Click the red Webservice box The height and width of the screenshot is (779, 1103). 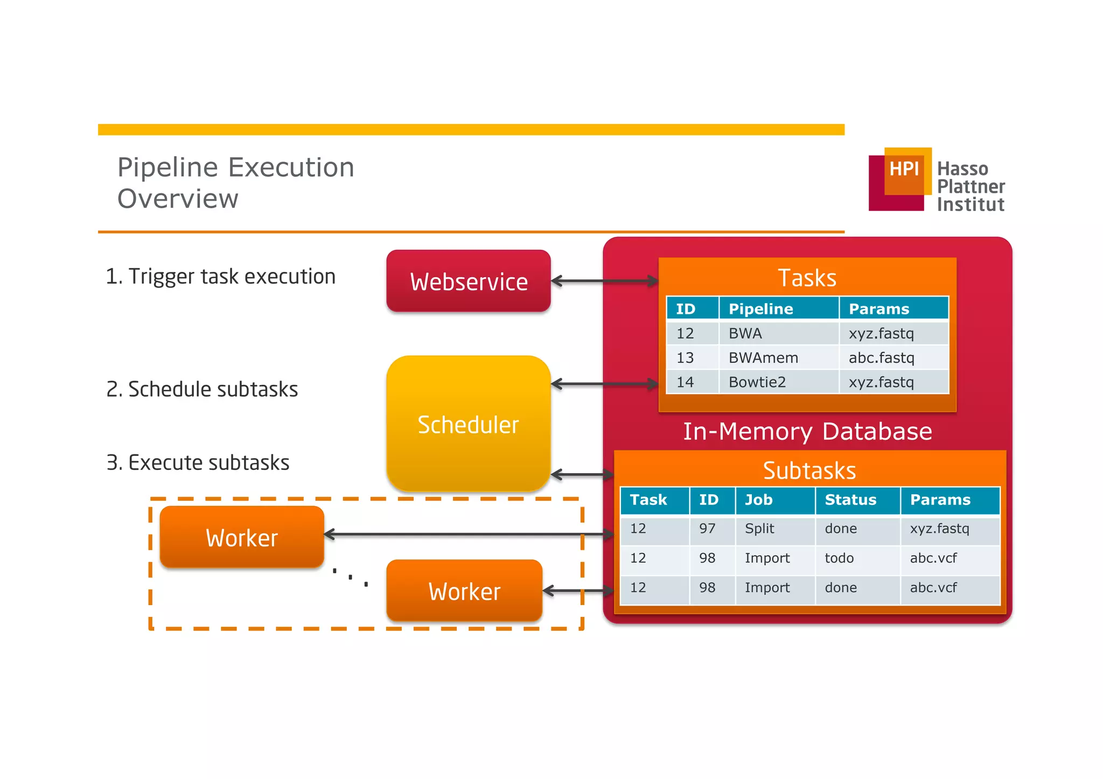[468, 281]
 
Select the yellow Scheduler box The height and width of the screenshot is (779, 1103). [468, 424]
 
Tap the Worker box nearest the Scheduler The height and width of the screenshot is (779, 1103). [464, 591]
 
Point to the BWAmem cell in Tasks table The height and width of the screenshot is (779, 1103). [763, 357]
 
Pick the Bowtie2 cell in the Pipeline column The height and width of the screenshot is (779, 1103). [757, 382]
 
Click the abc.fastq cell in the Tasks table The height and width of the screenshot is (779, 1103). [881, 357]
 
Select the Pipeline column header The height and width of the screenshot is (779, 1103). [760, 308]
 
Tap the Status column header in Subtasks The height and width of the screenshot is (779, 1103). [850, 500]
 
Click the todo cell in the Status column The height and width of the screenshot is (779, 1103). [839, 558]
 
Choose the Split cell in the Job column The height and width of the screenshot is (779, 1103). [759, 528]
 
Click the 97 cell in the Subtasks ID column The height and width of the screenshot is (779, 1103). [707, 528]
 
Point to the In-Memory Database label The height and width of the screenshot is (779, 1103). [807, 431]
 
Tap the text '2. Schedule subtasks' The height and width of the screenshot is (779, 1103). [202, 389]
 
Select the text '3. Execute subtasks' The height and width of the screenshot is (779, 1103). [198, 462]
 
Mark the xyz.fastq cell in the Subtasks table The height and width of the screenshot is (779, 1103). [939, 528]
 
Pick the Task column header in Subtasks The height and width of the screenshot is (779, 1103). [648, 500]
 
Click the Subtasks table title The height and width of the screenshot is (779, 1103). [809, 470]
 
